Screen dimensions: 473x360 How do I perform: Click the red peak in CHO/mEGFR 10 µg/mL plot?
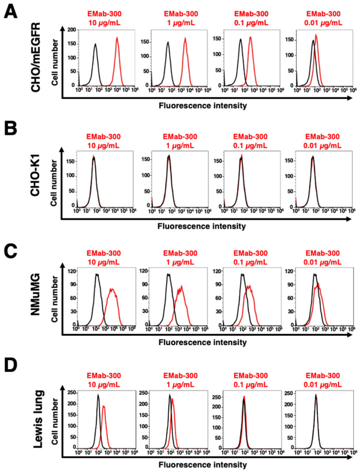click(x=116, y=38)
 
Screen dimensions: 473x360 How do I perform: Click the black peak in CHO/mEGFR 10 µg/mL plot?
click(x=95, y=44)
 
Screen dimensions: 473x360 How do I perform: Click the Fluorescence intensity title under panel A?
click(x=202, y=105)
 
